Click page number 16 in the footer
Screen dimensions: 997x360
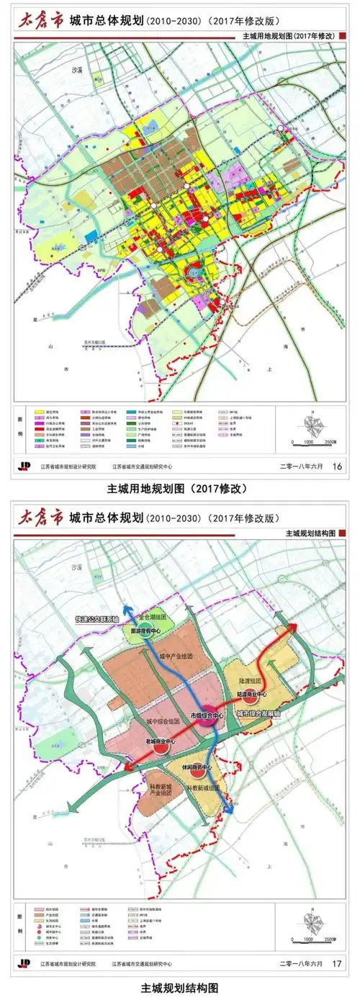(x=336, y=466)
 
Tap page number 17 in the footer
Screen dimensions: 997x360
(x=336, y=962)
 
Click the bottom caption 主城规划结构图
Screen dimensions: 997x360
(x=179, y=987)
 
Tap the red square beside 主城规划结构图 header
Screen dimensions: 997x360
(x=343, y=533)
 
